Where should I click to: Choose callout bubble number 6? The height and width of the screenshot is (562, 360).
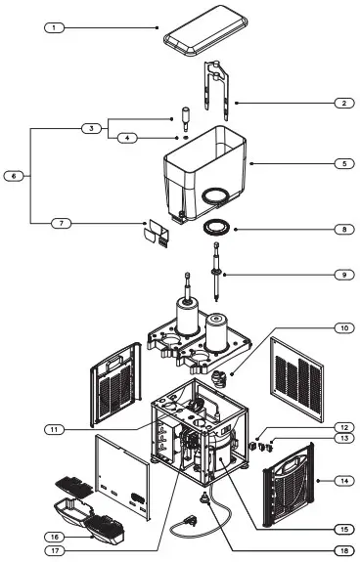[x=15, y=176]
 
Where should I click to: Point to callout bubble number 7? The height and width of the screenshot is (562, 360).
[x=63, y=223]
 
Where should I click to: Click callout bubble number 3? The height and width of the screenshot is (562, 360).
[x=90, y=128]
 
